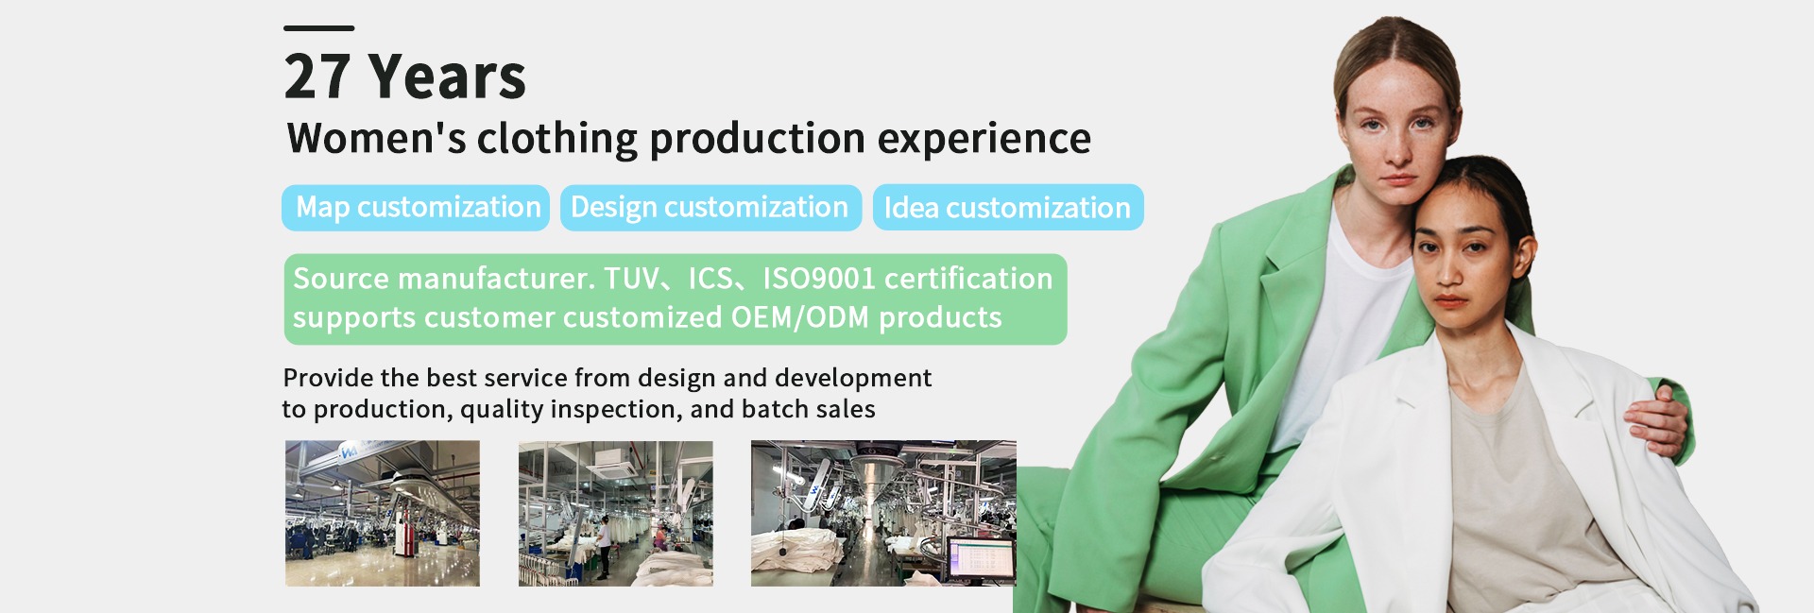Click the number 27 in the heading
[317, 77]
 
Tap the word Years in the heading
[447, 77]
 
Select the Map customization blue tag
[416, 208]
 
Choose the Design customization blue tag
[710, 208]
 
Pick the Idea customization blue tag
[1008, 208]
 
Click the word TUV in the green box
[631, 279]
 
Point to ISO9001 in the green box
[819, 279]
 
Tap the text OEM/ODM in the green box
[800, 317]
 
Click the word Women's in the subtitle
[376, 138]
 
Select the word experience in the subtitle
[984, 140]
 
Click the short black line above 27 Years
[318, 28]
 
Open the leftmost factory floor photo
[383, 513]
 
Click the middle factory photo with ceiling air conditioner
[616, 513]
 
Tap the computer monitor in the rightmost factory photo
[981, 561]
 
